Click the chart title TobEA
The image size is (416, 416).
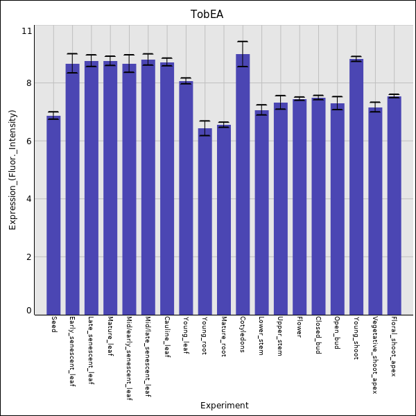(x=208, y=15)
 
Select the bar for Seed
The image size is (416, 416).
(x=53, y=215)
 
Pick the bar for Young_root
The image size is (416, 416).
(x=205, y=222)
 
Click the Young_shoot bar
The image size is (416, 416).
(x=356, y=187)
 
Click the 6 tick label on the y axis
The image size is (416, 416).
(x=28, y=141)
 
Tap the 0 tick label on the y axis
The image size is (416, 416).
(x=28, y=311)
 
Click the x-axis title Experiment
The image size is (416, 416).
(x=224, y=406)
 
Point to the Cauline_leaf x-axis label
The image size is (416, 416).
(x=167, y=337)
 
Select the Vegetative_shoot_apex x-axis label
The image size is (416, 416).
(x=375, y=355)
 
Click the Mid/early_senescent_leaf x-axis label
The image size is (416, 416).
(x=129, y=359)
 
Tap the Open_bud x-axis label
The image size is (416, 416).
(x=337, y=333)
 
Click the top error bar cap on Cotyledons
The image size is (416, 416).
(x=243, y=42)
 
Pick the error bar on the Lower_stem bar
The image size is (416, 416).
(x=261, y=110)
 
